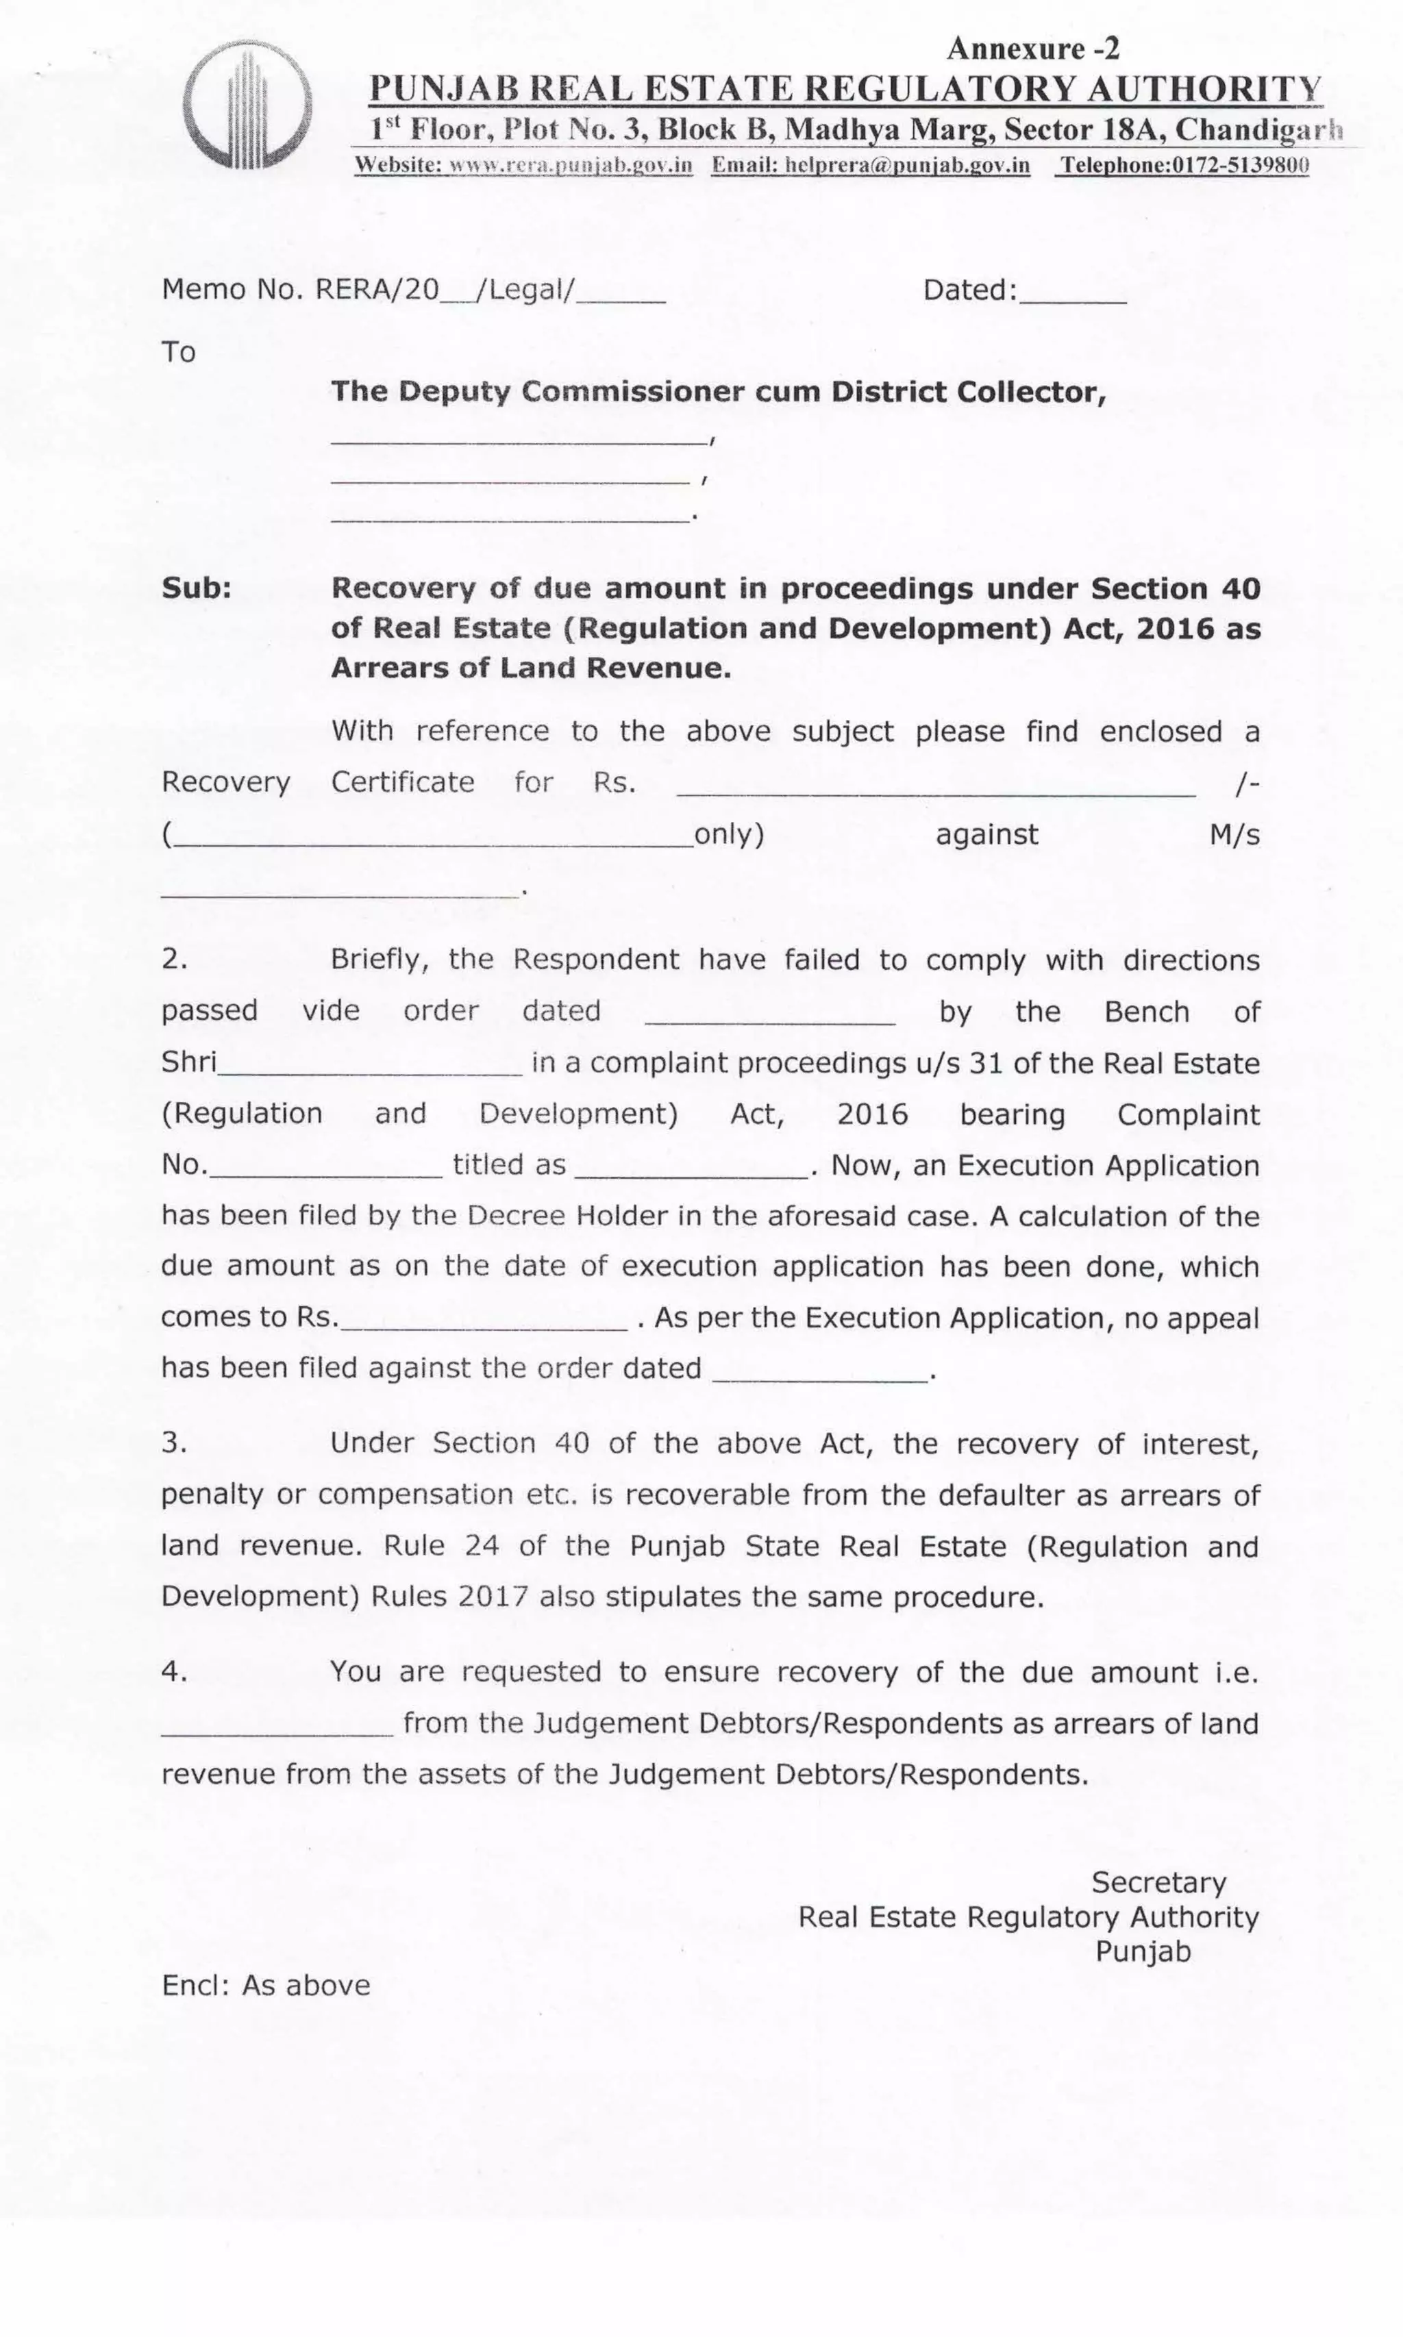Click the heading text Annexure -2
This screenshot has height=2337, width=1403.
[x=1032, y=48]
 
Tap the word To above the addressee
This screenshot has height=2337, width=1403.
[x=179, y=353]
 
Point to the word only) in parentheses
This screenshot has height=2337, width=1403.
[x=729, y=834]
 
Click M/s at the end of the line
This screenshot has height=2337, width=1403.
[x=1234, y=834]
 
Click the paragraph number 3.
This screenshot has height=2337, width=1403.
[x=174, y=1443]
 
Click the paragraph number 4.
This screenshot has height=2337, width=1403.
[x=174, y=1672]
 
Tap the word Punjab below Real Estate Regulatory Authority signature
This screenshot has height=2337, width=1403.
[x=1142, y=1951]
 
